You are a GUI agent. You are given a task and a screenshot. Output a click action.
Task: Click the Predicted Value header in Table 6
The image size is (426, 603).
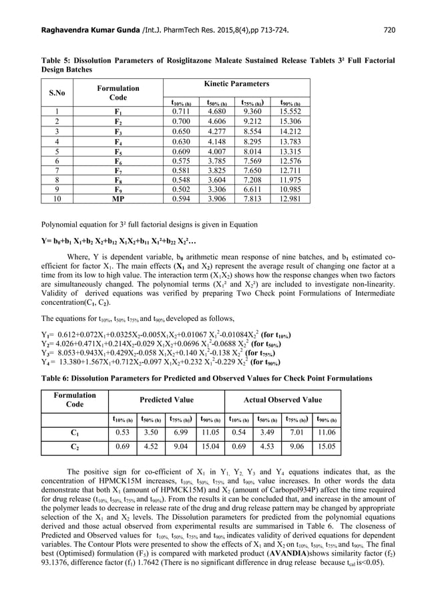166,400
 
